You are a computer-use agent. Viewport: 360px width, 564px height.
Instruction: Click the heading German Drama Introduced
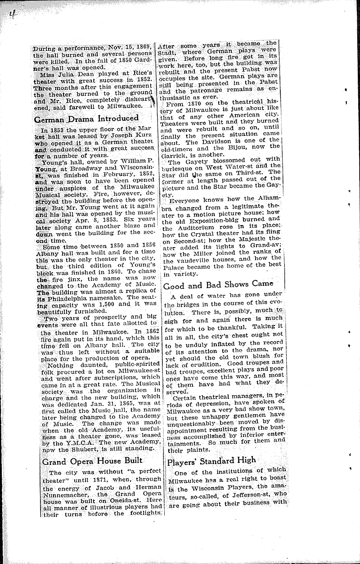click(86, 118)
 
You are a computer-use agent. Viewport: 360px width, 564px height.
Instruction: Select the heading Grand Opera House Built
click(92, 460)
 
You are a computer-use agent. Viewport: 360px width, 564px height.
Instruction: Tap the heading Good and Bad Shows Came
click(218, 284)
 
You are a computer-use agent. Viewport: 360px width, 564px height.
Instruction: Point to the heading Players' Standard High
click(211, 460)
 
